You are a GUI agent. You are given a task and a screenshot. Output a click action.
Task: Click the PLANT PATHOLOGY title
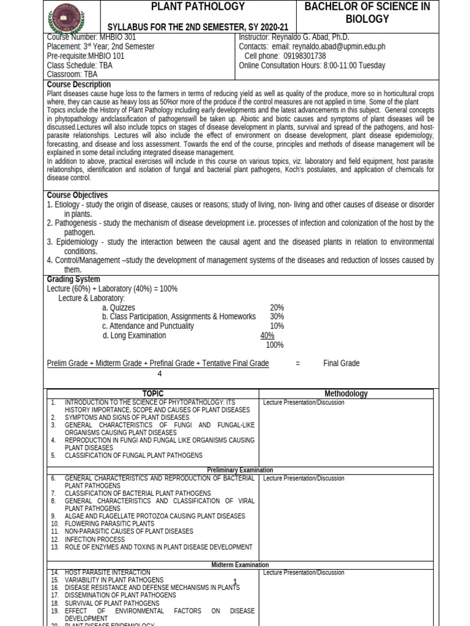pyautogui.click(x=198, y=7)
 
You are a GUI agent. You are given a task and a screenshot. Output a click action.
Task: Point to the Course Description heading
pyautogui.click(x=79, y=84)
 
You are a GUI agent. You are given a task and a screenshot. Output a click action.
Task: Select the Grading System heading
pyautogui.click(x=73, y=279)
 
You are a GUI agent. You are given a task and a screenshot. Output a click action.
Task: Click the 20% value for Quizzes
pyautogui.click(x=277, y=307)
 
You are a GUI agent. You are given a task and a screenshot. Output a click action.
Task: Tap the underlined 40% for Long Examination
pyautogui.click(x=267, y=336)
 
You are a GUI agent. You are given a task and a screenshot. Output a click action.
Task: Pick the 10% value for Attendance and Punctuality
pyautogui.click(x=277, y=326)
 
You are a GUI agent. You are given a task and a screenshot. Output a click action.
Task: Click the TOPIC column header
pyautogui.click(x=152, y=394)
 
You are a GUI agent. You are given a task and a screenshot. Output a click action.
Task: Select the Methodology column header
pyautogui.click(x=346, y=394)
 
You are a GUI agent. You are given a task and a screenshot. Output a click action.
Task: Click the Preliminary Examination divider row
pyautogui.click(x=240, y=470)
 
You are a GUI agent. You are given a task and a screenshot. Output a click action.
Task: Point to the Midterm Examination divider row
pyautogui.click(x=240, y=565)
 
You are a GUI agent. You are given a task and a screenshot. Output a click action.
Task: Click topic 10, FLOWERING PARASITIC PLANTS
pyautogui.click(x=109, y=524)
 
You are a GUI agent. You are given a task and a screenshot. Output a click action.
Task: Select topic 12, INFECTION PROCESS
pyautogui.click(x=94, y=539)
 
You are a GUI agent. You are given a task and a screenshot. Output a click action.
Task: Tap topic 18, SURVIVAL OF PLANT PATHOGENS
pyautogui.click(x=111, y=603)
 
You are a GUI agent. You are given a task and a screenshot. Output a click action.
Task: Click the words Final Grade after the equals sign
pyautogui.click(x=341, y=363)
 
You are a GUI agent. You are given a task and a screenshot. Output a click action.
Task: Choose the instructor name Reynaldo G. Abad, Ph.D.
pyautogui.click(x=312, y=37)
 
